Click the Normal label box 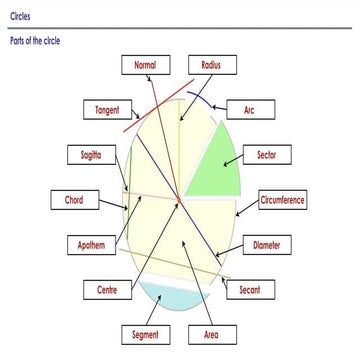[145, 66]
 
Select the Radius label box [211, 66]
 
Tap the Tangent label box [107, 110]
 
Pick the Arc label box [249, 110]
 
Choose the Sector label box [267, 155]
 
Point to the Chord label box [74, 200]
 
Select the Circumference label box [282, 200]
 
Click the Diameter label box [267, 245]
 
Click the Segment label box [145, 333]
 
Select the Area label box [211, 333]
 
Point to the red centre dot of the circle [178, 203]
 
